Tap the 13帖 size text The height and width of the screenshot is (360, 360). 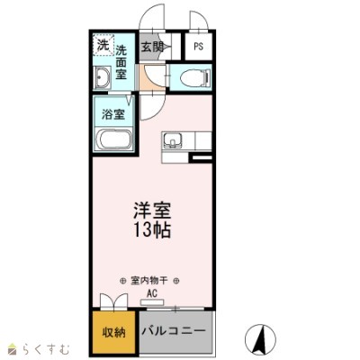pos(153,229)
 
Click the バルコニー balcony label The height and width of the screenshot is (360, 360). pos(175,331)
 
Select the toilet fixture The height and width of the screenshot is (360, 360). pos(191,78)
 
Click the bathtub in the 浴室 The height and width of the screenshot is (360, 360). pos(115,139)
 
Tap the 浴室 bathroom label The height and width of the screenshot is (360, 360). pos(113,114)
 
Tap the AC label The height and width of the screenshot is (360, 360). pos(152,293)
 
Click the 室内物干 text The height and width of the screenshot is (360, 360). pos(152,280)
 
